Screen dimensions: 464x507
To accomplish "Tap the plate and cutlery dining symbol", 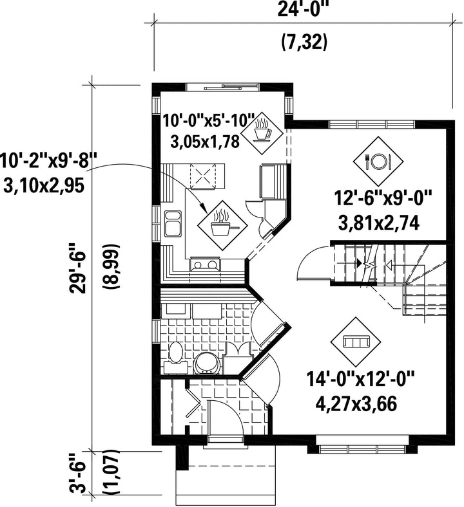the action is (x=378, y=161).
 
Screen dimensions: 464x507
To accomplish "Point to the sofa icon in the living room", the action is (x=356, y=342).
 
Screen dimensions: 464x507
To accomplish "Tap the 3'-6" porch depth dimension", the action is (x=78, y=477).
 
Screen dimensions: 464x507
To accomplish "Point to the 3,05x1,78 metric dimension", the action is (x=205, y=142).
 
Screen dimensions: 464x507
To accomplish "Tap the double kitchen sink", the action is (x=173, y=224).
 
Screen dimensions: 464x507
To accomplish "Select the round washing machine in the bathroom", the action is (x=206, y=363).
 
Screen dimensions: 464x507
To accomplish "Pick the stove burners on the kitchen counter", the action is (x=205, y=264).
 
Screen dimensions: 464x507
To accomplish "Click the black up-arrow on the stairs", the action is (x=359, y=263).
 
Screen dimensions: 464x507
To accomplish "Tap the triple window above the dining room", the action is (x=372, y=124).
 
